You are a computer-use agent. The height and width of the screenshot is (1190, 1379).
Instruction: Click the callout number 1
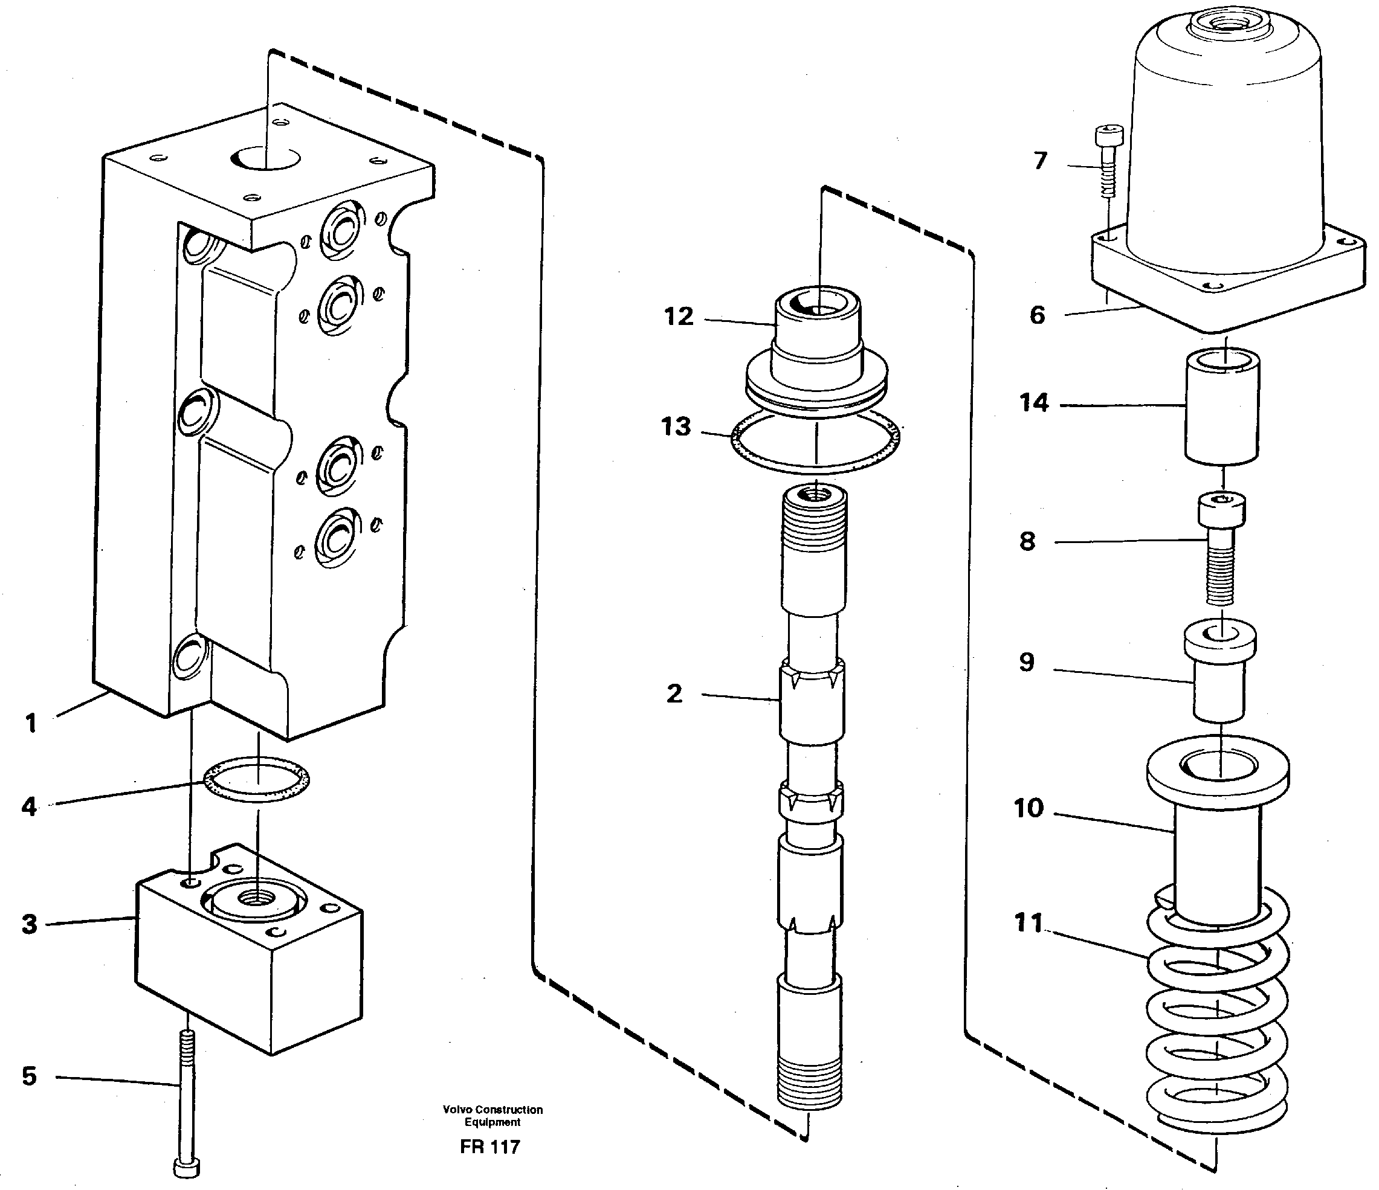(x=31, y=723)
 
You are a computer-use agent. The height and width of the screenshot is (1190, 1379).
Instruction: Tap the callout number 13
(x=676, y=426)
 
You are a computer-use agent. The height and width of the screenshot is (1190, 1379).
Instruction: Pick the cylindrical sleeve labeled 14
(x=1222, y=407)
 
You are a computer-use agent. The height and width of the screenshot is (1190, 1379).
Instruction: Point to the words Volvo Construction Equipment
(x=492, y=1116)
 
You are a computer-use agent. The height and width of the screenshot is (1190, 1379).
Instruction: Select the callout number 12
(x=678, y=317)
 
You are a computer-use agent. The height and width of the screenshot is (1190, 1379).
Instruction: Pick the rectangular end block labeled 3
(x=250, y=951)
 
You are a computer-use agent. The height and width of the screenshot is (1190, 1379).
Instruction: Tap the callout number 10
(x=1029, y=808)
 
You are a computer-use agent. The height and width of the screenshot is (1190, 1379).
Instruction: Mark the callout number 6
(x=1037, y=315)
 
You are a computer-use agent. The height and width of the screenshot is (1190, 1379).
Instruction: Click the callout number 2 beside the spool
(x=674, y=694)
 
